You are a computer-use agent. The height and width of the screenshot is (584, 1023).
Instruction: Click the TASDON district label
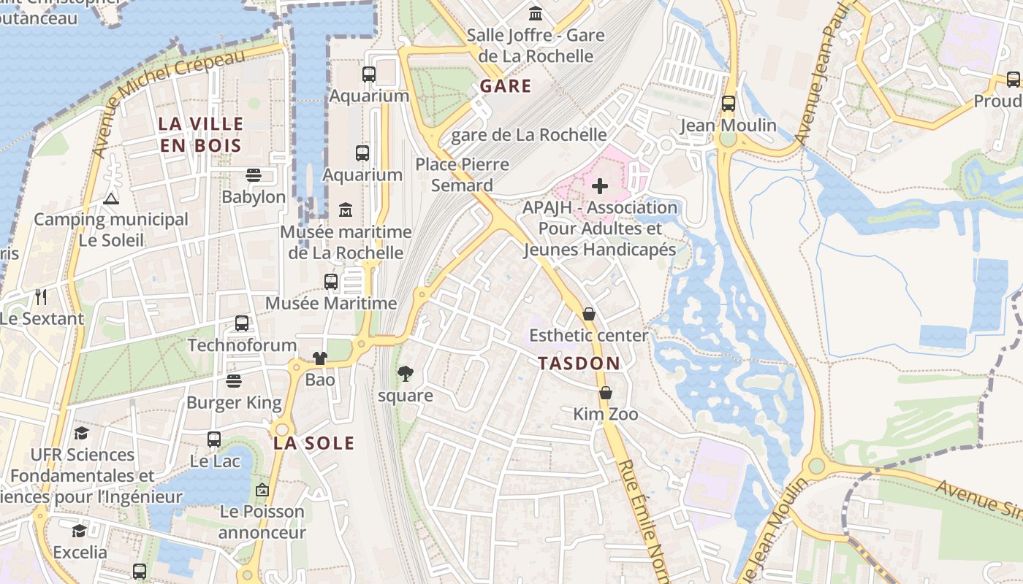[579, 363]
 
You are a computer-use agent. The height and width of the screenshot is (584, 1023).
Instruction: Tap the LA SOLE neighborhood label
[313, 443]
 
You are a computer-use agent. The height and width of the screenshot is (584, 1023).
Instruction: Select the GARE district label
[506, 86]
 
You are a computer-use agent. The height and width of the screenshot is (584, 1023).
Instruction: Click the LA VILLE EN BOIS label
[200, 134]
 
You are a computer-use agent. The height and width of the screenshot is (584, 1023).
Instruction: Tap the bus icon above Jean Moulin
[728, 104]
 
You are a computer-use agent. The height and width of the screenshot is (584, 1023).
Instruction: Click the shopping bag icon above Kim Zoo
[605, 393]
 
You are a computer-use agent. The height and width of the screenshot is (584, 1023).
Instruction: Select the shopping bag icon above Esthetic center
[589, 314]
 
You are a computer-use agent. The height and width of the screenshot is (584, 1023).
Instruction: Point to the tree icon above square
[405, 374]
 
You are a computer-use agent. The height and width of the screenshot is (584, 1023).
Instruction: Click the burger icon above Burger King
[233, 381]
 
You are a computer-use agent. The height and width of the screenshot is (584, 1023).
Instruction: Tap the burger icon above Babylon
[254, 175]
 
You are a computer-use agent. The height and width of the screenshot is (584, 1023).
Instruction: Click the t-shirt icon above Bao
[320, 358]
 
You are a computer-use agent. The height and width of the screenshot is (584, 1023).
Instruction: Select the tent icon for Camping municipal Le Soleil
[110, 198]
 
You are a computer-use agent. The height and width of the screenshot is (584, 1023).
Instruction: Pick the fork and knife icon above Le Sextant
[41, 297]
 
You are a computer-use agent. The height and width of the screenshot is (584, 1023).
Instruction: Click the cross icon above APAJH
[600, 186]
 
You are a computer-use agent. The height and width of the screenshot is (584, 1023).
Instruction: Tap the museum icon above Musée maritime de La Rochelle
[346, 211]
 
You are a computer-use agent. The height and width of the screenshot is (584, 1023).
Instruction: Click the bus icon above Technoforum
[242, 323]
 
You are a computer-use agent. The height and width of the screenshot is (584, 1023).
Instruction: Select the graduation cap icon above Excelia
[79, 530]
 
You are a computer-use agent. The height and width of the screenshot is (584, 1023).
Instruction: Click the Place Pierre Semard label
[462, 174]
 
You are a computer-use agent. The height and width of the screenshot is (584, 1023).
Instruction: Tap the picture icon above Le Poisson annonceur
[262, 490]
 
